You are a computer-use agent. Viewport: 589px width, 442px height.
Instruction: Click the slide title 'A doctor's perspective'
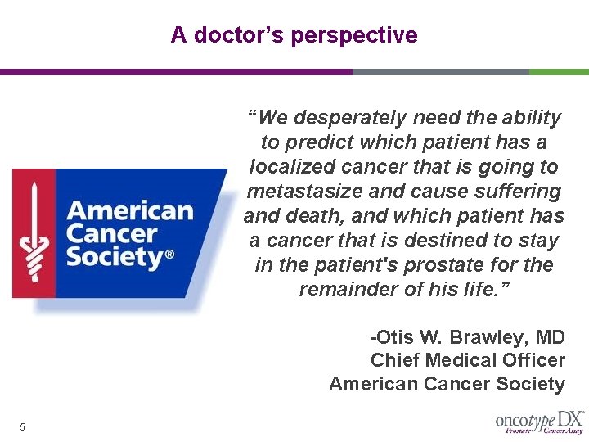coord(294,35)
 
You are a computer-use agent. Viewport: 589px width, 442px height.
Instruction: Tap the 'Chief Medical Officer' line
coord(467,360)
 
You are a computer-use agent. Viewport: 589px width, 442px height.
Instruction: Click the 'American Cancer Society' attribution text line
coord(447,383)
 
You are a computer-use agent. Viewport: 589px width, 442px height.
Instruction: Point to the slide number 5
coord(23,426)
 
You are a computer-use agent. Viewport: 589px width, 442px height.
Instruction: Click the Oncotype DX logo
coord(539,422)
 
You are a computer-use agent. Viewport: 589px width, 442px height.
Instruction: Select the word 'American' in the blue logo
coord(129,210)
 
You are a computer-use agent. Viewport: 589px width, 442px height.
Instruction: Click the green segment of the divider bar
coord(559,72)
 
